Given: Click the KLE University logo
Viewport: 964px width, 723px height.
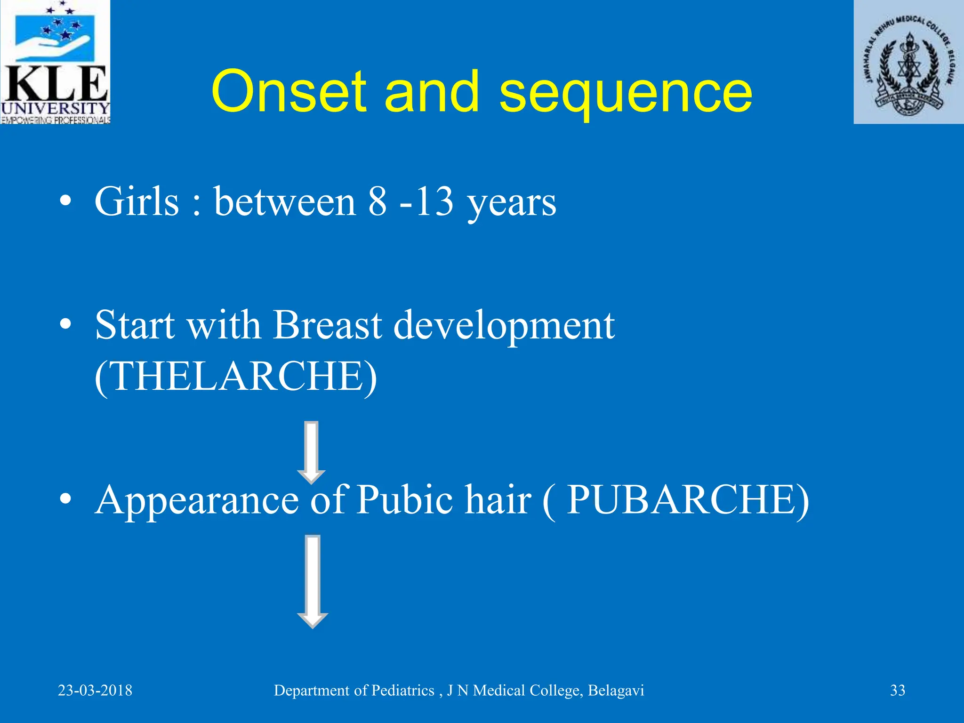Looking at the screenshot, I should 55,62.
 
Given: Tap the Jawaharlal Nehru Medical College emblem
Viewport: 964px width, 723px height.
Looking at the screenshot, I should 908,62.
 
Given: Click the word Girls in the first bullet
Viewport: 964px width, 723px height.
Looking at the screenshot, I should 137,201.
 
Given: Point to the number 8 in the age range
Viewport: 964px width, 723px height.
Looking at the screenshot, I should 377,201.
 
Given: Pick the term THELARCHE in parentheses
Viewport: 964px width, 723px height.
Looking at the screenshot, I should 235,376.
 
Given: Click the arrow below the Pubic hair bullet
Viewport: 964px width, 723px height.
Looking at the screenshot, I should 313,581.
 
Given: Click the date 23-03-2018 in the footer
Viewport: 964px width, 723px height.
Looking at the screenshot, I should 95,691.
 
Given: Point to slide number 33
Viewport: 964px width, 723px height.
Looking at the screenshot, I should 897,691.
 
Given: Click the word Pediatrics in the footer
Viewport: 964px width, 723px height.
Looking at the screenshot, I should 402,691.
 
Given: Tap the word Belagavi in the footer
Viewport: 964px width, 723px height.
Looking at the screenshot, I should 616,691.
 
